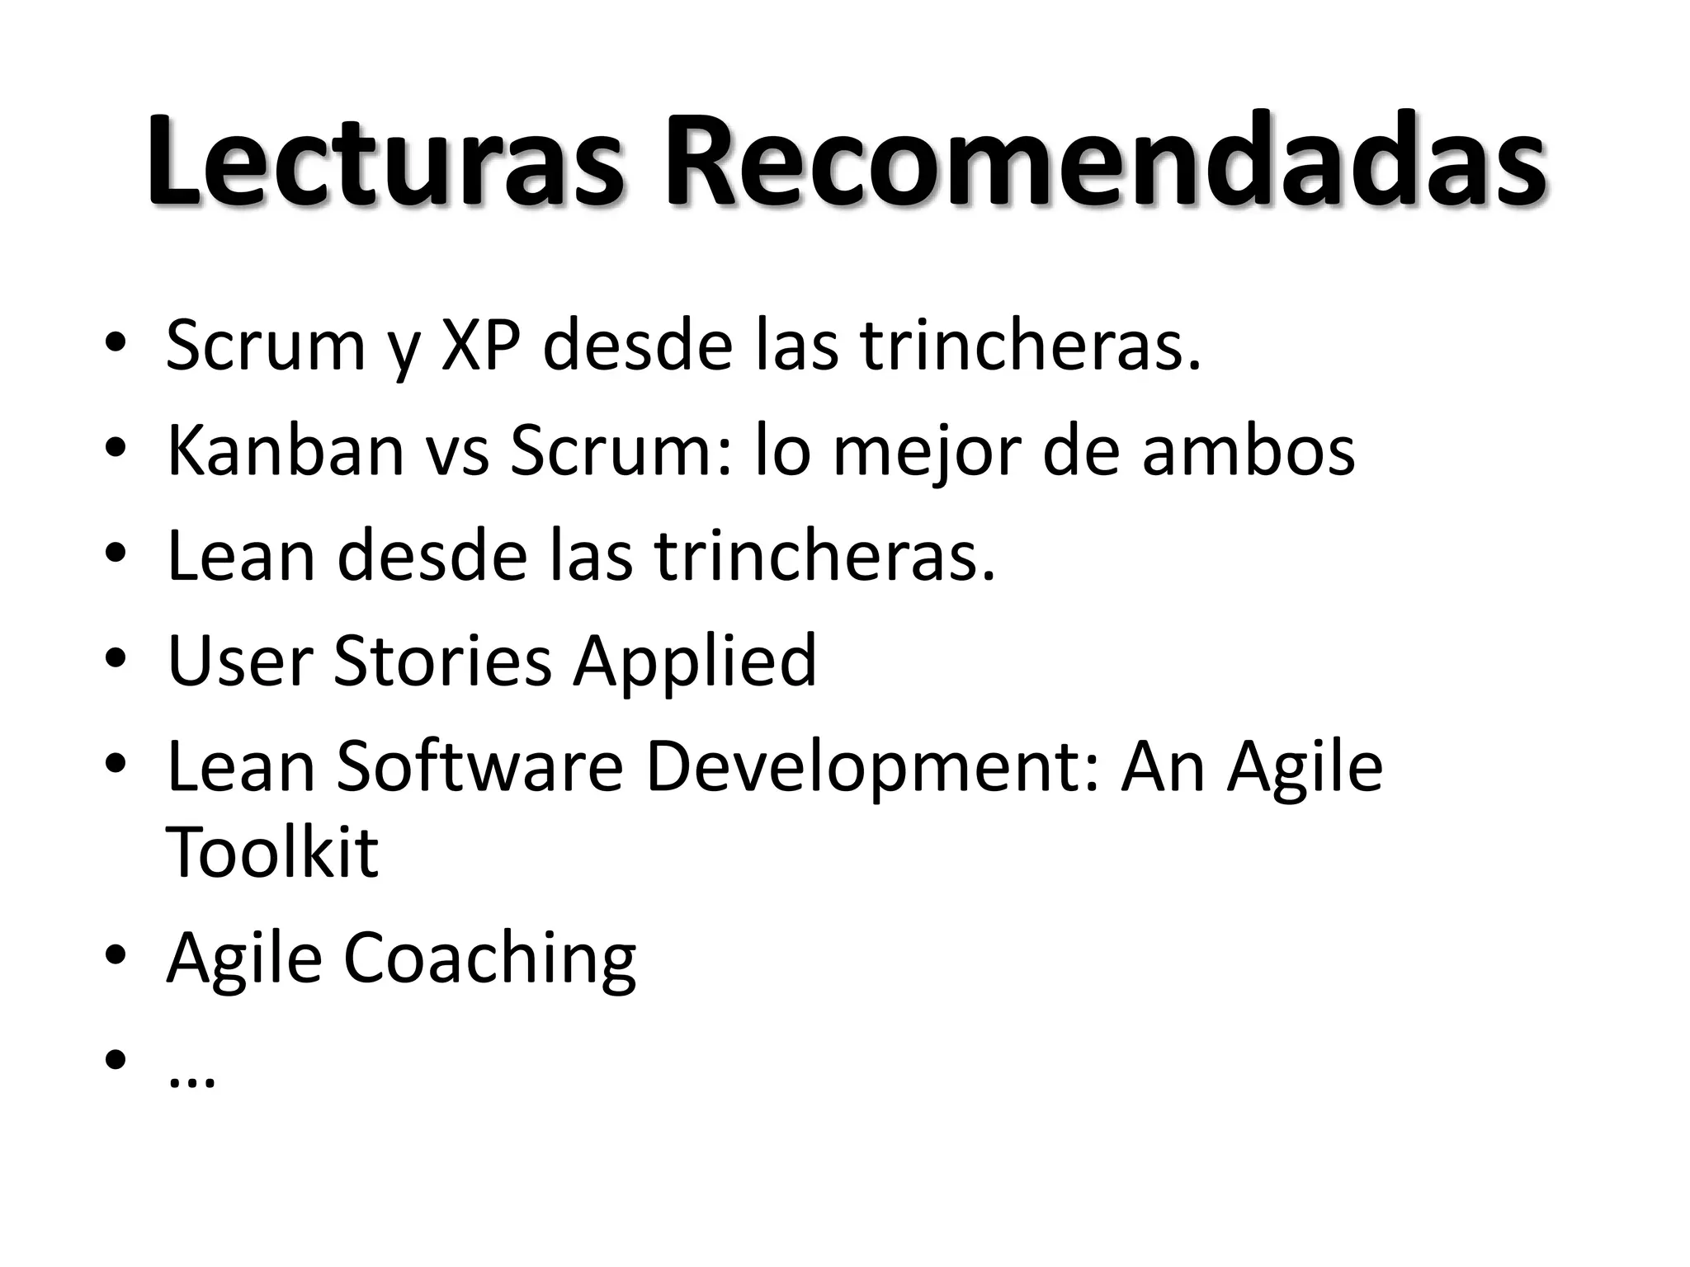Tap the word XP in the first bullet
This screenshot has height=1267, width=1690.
[481, 345]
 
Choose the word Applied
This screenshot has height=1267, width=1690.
[695, 662]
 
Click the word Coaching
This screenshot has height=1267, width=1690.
[489, 958]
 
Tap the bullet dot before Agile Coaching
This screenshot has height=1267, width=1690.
[116, 955]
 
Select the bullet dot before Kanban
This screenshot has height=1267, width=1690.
[116, 449]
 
